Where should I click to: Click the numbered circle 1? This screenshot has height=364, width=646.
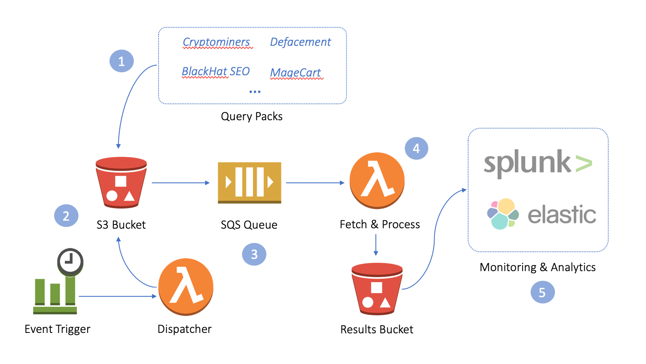pos(121,61)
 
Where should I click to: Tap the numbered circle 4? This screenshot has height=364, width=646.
pos(416,148)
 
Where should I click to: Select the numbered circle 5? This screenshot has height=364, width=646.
pos(542,293)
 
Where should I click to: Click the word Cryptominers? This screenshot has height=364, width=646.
pos(216,42)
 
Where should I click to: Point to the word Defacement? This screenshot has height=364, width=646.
pos(300,42)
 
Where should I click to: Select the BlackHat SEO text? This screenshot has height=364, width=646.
pos(216,71)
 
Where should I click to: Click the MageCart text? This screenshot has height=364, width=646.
pos(296,73)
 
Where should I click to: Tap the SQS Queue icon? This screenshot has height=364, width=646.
pos(249,183)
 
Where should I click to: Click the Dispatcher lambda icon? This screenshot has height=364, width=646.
pos(186,287)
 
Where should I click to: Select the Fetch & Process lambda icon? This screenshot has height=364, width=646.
pos(377,180)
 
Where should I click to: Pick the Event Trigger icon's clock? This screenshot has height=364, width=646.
pos(70,261)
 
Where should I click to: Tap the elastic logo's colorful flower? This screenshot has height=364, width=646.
pos(503,214)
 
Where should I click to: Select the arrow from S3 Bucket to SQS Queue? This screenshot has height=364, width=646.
pos(180,183)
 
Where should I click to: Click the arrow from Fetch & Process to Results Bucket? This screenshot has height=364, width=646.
pos(376,245)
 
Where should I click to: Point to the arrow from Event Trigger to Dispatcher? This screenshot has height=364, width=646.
pos(117,296)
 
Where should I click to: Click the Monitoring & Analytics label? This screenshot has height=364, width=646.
pos(537,267)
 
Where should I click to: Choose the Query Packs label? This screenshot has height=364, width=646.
pos(252,116)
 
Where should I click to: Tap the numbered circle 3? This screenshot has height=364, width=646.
pos(254,254)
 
